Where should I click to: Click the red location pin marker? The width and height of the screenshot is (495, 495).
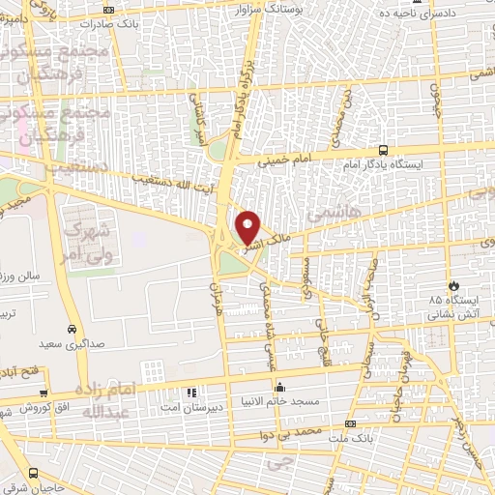pos(248,227)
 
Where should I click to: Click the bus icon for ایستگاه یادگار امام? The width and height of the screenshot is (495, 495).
pos(384,150)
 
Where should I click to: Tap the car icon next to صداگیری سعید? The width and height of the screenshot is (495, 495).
pos(72,327)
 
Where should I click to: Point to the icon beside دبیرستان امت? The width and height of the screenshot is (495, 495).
pos(191,393)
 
